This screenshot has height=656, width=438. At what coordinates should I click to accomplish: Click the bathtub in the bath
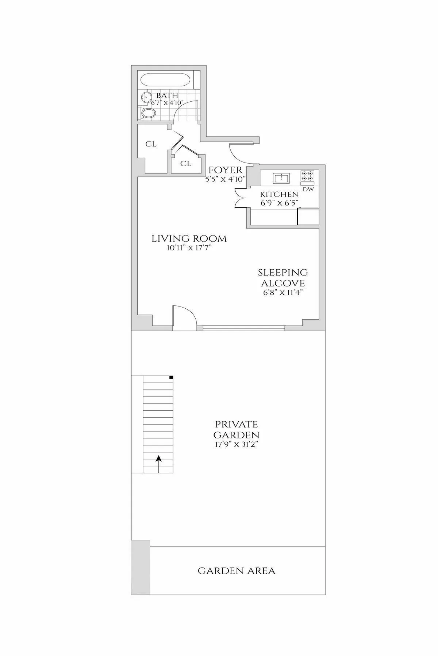point(166,80)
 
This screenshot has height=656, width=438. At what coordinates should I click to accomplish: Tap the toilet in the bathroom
point(147,113)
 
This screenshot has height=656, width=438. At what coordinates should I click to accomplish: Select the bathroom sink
point(146,97)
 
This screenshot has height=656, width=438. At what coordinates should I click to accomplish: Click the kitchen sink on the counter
point(281,179)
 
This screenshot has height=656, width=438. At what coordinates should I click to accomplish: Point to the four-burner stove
point(307,176)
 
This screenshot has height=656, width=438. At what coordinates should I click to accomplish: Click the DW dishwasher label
point(308,189)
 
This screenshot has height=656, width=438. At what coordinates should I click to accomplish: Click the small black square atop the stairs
point(171,378)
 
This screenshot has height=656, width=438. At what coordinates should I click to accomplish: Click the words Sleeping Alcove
point(283,278)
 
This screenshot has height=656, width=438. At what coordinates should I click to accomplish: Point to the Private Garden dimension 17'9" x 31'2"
point(236,445)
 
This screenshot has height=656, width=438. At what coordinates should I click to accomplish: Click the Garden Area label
point(237,571)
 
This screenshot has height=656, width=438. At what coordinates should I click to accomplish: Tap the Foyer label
point(225,170)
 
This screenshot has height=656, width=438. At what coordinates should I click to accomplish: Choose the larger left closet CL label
point(151,144)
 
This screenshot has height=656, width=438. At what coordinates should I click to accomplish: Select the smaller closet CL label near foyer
point(186,164)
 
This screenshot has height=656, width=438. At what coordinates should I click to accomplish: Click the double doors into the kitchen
point(241,198)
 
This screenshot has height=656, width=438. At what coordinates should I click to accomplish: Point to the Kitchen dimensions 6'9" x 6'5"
point(279,203)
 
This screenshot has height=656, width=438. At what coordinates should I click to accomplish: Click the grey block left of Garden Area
point(141,567)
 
